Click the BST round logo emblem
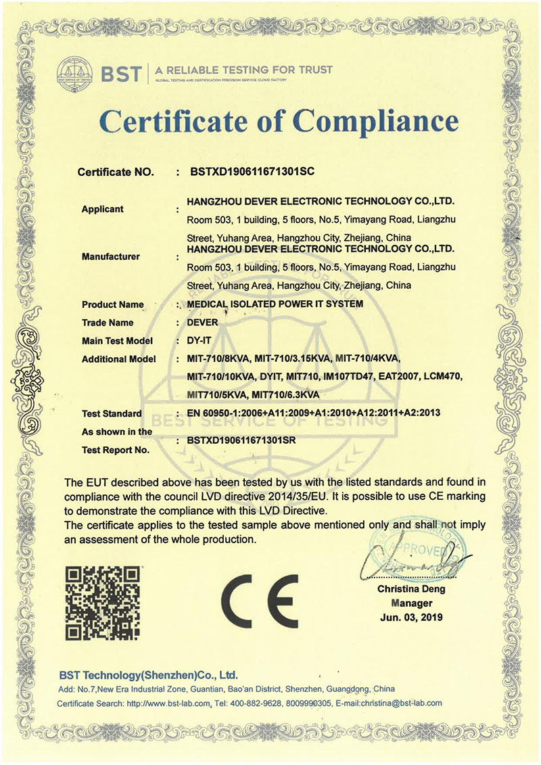point(76,71)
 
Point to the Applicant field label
point(102,209)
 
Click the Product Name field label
point(112,304)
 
